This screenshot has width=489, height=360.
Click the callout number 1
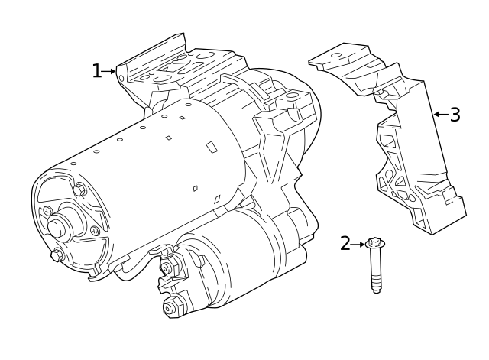tap(96, 71)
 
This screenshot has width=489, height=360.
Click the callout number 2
tap(345, 244)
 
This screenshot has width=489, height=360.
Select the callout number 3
tap(455, 115)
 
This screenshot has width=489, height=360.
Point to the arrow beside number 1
tap(110, 71)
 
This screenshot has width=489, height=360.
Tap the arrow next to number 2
tap(358, 245)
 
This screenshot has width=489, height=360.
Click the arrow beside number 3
tap(439, 114)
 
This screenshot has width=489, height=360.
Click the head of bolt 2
tap(374, 244)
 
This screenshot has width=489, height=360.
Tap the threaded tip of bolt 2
tap(375, 288)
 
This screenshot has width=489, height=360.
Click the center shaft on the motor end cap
tap(59, 227)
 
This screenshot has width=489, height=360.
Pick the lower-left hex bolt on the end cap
tap(56, 255)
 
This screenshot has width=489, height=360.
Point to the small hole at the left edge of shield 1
tap(121, 78)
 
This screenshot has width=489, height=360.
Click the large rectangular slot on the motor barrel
tap(211, 146)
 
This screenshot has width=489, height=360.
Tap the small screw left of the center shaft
tap(47, 210)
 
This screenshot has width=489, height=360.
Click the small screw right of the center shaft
tap(94, 231)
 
